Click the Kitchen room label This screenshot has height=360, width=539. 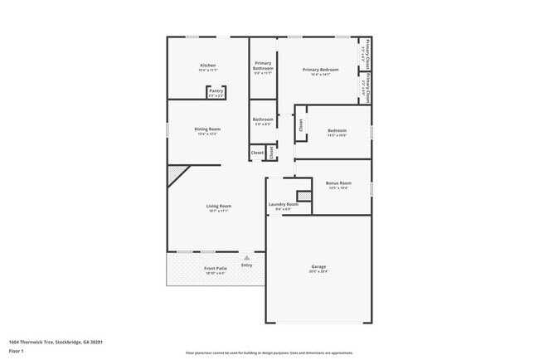[208, 66]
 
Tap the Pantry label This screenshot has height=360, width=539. [216, 91]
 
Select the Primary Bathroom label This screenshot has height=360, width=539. [263, 66]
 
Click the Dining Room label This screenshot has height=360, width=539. [207, 129]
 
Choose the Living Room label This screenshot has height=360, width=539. [219, 206]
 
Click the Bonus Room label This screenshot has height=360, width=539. [338, 183]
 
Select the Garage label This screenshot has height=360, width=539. [318, 267]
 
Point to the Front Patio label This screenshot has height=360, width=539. [216, 269]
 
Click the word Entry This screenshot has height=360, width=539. [246, 265]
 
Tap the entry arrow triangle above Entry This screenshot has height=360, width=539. [246, 258]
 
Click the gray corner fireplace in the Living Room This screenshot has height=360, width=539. [176, 174]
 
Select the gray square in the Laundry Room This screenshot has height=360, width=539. [303, 196]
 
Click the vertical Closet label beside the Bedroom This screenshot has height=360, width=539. [300, 124]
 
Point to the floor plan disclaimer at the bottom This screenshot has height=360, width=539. [269, 353]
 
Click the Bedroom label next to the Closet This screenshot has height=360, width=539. [337, 131]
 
